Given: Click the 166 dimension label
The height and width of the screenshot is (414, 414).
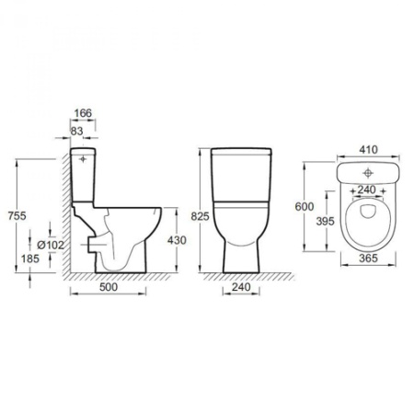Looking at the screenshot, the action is pos(83,113).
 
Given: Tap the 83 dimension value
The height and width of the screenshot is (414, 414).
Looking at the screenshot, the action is pos(76,131).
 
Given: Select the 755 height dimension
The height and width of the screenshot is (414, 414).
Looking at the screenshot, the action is pos(17,216).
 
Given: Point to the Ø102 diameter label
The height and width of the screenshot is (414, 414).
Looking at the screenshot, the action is pos(51,245).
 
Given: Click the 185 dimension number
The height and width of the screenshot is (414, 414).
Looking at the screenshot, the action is pos(30,259).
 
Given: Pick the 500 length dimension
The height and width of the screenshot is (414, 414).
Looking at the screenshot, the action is pos(109,287).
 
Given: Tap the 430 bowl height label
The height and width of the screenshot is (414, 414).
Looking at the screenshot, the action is pos(177,240).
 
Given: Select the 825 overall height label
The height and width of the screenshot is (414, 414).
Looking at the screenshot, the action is pos(200,216).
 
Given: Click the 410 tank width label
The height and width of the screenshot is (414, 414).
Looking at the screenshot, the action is pos(368,150).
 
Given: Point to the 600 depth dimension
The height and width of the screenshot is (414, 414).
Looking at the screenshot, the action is pos(305,207).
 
